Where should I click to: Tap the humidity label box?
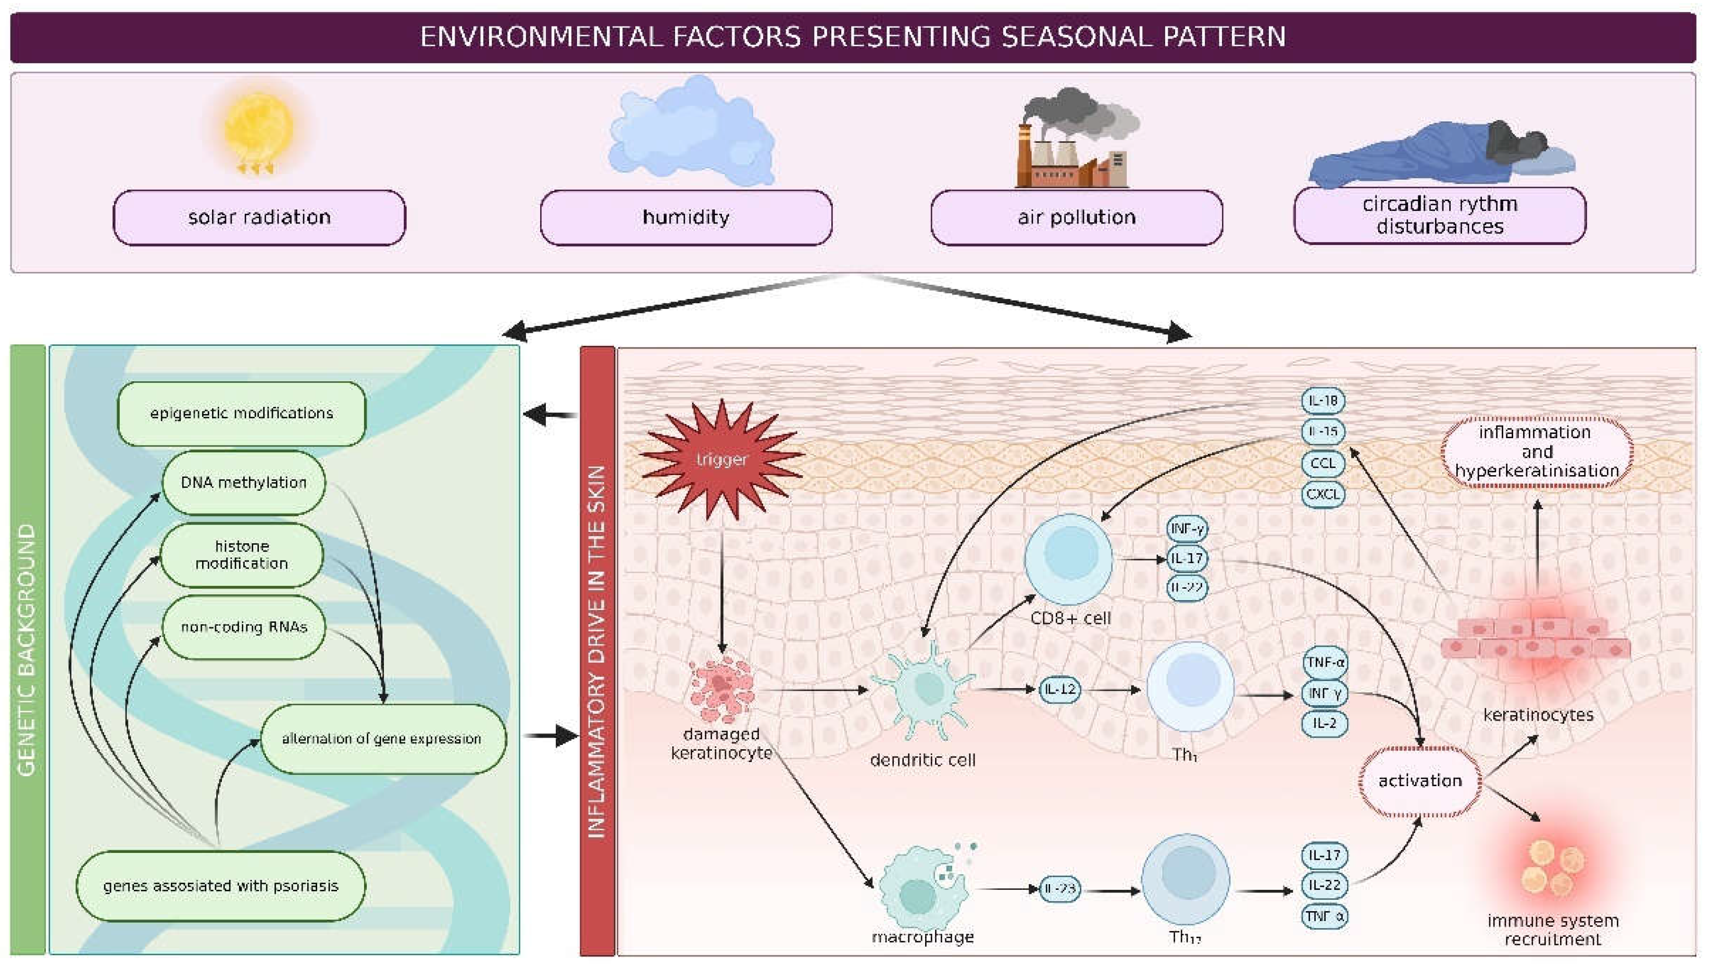[x=686, y=218]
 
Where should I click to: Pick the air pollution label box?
[x=1076, y=218]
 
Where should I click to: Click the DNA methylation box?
[x=243, y=482]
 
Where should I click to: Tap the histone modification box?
[x=242, y=554]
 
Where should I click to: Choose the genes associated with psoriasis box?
[x=220, y=886]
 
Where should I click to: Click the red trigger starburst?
[x=721, y=459]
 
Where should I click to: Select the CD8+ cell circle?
[x=1068, y=558]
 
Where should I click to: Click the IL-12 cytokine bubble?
[x=1060, y=689]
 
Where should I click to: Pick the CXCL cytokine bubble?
[x=1323, y=494]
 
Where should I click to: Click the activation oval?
[x=1419, y=780]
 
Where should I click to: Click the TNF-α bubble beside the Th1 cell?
[x=1325, y=663]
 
